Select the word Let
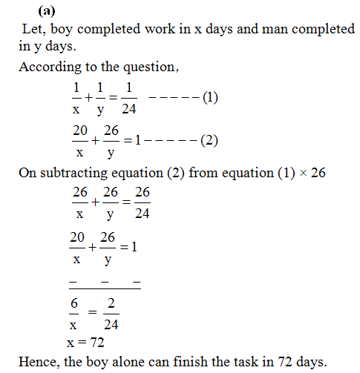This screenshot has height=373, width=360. point(34,32)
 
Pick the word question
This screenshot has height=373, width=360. point(148,67)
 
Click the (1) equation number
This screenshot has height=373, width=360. point(209,98)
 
